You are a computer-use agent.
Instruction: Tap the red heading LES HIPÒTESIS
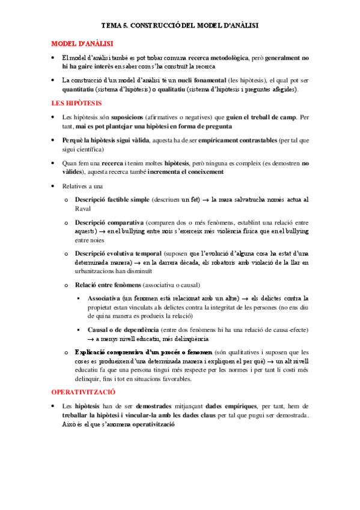[x=76, y=103]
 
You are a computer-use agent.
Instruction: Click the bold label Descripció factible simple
[x=111, y=199]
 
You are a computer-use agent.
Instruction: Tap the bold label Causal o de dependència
[x=123, y=330]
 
